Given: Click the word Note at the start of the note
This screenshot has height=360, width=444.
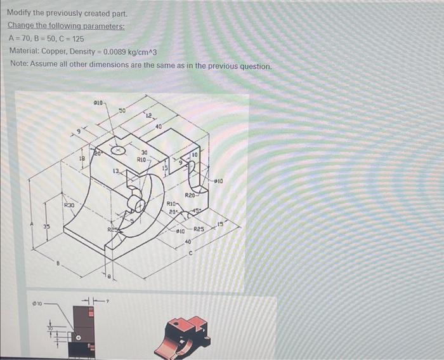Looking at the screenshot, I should coord(20,65).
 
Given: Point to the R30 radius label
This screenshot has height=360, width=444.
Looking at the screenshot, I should coord(69,206).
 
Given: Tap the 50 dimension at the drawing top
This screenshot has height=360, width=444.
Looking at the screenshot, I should coord(122,111).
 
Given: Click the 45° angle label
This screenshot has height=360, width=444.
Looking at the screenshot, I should coord(197,211).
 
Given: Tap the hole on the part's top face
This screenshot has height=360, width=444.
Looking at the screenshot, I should coord(118,151).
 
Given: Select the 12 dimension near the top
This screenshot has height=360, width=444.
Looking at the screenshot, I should coord(148,115).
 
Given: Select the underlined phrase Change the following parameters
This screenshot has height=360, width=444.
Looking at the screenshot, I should coord(66,26).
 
